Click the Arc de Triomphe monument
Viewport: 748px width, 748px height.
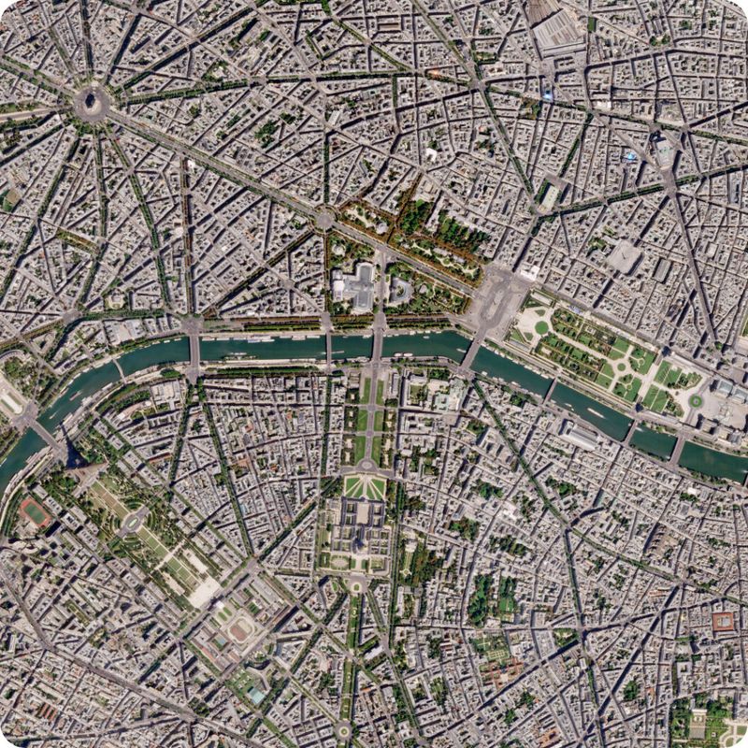(92, 102)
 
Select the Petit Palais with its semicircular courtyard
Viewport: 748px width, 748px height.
(400, 291)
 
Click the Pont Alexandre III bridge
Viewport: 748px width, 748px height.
(379, 346)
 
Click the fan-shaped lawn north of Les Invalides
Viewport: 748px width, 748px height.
(364, 487)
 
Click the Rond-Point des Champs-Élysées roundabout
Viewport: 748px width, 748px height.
(324, 220)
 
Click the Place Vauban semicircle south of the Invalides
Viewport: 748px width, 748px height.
(356, 583)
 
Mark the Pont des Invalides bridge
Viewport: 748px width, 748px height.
(328, 347)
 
